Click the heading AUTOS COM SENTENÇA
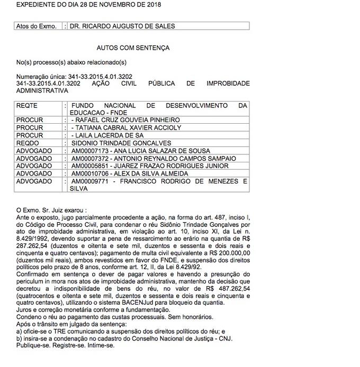click(133, 48)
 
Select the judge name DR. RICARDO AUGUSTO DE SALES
click(122, 26)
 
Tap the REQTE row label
click(27, 106)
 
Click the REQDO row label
click(28, 143)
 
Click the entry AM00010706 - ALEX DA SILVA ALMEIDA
click(129, 173)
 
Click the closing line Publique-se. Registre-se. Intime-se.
click(65, 345)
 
